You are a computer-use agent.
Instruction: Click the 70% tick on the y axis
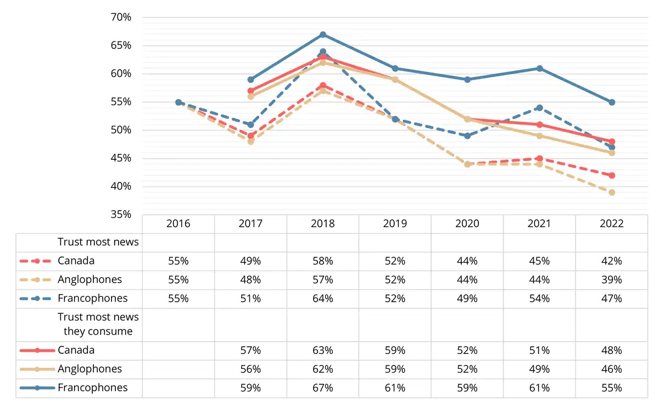pyautogui.click(x=121, y=17)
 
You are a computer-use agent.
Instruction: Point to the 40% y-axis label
pyautogui.click(x=121, y=186)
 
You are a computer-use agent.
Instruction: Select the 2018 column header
pyautogui.click(x=323, y=224)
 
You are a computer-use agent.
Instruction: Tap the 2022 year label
pyautogui.click(x=612, y=224)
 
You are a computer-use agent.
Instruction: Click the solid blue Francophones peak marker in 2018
pyautogui.click(x=323, y=35)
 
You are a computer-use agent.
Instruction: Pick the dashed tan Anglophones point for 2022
pyautogui.click(x=612, y=192)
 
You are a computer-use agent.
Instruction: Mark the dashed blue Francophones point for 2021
pyautogui.click(x=539, y=108)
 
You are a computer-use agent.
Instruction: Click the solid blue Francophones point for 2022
pyautogui.click(x=612, y=102)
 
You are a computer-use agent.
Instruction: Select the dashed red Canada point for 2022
pyautogui.click(x=612, y=175)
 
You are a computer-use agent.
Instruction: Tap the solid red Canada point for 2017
pyautogui.click(x=250, y=91)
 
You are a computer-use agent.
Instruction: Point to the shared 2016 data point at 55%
pyautogui.click(x=178, y=102)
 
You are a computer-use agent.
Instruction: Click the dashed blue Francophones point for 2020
pyautogui.click(x=467, y=136)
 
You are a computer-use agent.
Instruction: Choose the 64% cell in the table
pyautogui.click(x=323, y=298)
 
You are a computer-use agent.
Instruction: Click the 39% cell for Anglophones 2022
pyautogui.click(x=612, y=280)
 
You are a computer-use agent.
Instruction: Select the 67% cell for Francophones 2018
pyautogui.click(x=323, y=388)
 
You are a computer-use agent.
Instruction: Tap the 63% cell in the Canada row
pyautogui.click(x=323, y=350)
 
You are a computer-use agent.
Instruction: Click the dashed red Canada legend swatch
pyautogui.click(x=36, y=261)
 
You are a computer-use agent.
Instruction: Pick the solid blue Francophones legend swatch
pyautogui.click(x=37, y=388)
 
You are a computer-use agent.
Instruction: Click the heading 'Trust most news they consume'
pyautogui.click(x=98, y=324)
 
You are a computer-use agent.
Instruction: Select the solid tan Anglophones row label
pyautogui.click(x=90, y=369)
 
